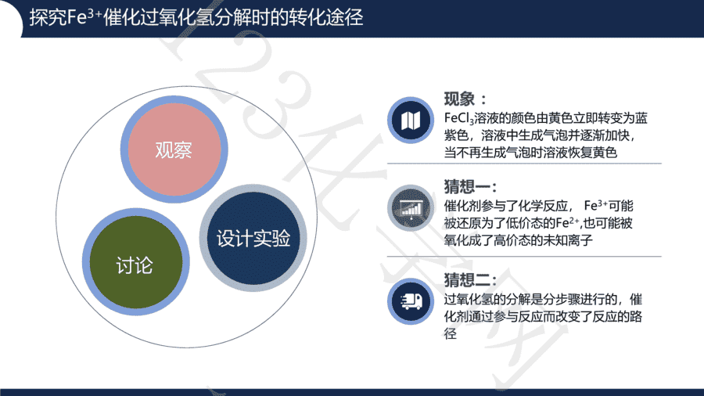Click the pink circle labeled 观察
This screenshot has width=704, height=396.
point(174,149)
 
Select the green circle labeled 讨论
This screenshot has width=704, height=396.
point(135,261)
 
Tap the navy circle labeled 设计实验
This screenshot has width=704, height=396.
point(253,238)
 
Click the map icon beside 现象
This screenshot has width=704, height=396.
point(411,121)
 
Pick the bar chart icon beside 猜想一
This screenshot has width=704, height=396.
point(411,208)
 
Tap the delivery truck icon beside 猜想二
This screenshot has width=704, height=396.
point(411,301)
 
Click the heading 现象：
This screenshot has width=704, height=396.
point(465,99)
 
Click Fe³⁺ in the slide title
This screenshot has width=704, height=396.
point(84,17)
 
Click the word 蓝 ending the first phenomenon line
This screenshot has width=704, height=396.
point(641,118)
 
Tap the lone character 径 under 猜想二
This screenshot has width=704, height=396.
point(451,333)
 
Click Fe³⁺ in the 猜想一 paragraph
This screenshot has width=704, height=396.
point(596,206)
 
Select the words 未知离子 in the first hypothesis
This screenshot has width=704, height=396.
point(568,240)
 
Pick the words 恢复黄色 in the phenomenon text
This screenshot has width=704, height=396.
point(592,153)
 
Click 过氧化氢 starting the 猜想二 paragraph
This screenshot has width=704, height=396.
point(469,299)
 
